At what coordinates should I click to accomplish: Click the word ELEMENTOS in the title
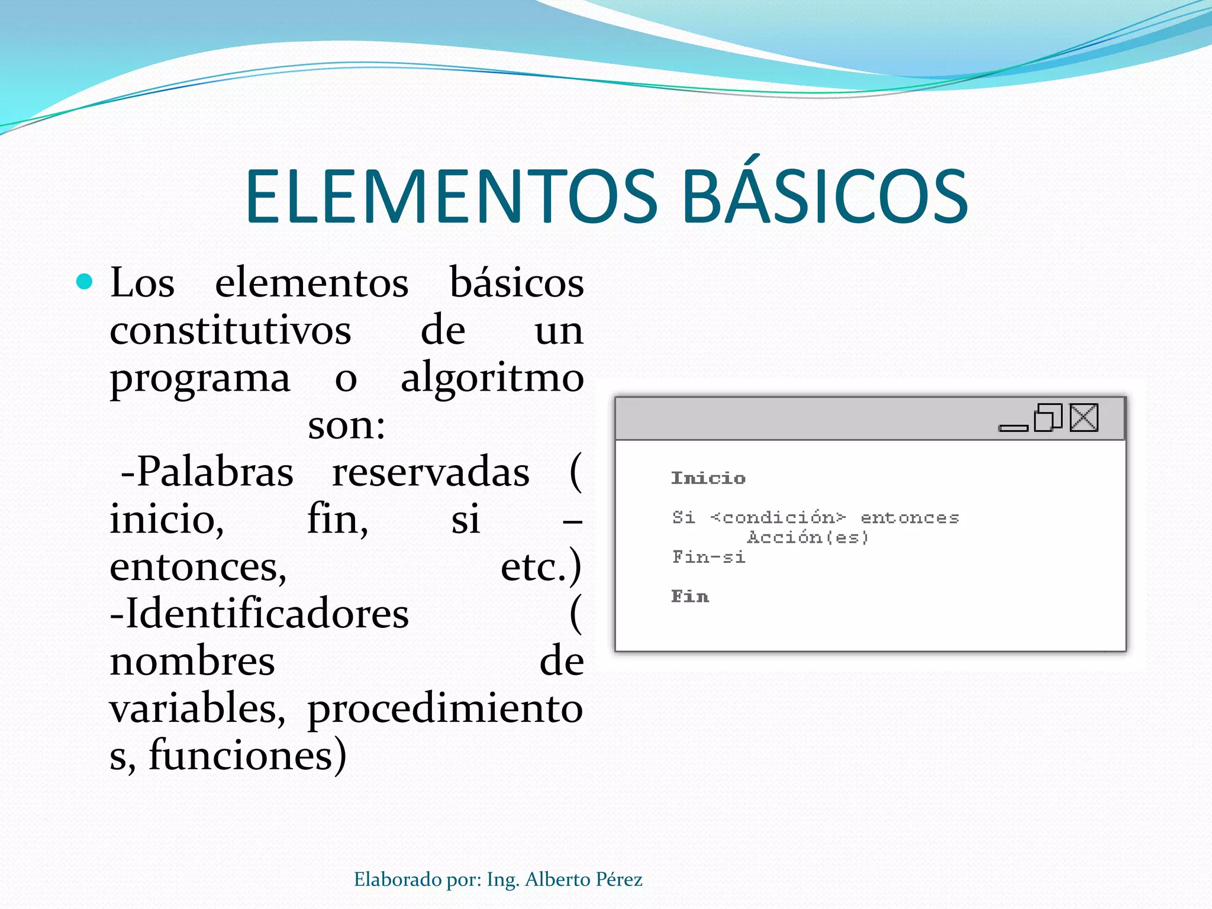tap(451, 196)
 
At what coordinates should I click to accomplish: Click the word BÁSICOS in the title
tap(825, 196)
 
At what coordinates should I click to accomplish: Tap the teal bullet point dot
tap(85, 282)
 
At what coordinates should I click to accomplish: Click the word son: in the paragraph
tap(346, 425)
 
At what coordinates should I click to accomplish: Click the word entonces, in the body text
tap(198, 566)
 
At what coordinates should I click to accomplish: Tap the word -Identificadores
tap(259, 613)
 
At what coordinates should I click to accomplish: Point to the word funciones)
tap(247, 755)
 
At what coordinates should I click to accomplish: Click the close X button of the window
tap(1084, 418)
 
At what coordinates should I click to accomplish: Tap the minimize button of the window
tap(1013, 427)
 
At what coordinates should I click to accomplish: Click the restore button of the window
tap(1047, 418)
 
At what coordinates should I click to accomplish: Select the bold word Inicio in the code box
tap(708, 478)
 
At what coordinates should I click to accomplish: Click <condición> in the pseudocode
tap(778, 518)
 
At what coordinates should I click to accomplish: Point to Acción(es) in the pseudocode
tap(807, 537)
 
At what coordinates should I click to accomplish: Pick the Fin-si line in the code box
tap(708, 557)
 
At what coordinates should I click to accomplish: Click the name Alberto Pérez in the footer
tap(584, 879)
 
